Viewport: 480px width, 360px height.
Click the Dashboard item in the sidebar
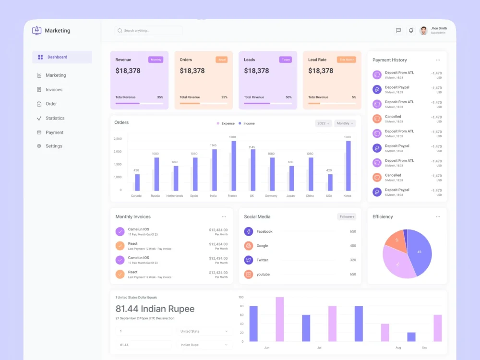pyautogui.click(x=57, y=57)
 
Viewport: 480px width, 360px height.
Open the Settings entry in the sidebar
pyautogui.click(x=54, y=146)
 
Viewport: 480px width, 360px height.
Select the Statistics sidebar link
pyautogui.click(x=55, y=118)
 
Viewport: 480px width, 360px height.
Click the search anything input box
pyautogui.click(x=149, y=31)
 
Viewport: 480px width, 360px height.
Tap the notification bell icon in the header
pyautogui.click(x=411, y=30)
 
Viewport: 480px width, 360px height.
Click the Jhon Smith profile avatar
pyautogui.click(x=423, y=31)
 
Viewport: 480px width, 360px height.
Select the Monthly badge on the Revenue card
pyautogui.click(x=156, y=60)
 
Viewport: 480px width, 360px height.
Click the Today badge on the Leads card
pyautogui.click(x=286, y=60)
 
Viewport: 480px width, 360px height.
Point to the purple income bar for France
pyautogui.click(x=234, y=166)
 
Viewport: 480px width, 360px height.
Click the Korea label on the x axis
pyautogui.click(x=347, y=196)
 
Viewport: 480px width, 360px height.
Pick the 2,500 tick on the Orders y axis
pyautogui.click(x=118, y=139)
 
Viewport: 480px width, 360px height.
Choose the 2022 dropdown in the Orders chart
pyautogui.click(x=323, y=123)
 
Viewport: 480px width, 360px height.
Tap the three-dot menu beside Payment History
pyautogui.click(x=438, y=60)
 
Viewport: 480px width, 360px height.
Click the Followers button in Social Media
pyautogui.click(x=347, y=216)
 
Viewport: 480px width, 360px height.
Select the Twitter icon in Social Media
pyautogui.click(x=248, y=260)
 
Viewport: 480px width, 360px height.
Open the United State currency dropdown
pyautogui.click(x=204, y=331)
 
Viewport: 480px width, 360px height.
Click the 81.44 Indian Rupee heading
pyautogui.click(x=155, y=309)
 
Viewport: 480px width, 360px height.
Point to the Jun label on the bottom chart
pyautogui.click(x=266, y=348)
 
